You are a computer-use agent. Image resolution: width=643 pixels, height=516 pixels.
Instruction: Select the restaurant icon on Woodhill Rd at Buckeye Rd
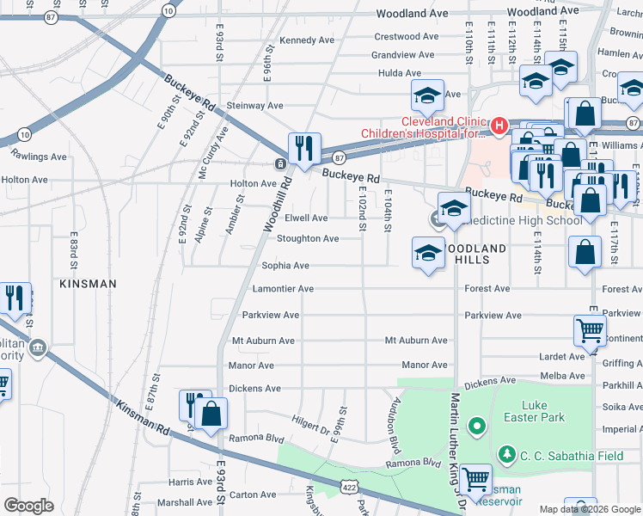point(303,149)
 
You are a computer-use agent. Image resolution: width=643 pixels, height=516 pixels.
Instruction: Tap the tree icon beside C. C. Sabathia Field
point(507,452)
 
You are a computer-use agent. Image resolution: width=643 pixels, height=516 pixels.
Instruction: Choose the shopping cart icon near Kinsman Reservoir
point(475,478)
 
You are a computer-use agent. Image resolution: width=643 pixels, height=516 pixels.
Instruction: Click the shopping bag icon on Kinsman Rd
point(211,414)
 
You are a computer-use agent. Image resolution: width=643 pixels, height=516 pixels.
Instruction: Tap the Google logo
point(28,506)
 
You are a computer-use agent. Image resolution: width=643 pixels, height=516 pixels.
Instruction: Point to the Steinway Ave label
point(254,106)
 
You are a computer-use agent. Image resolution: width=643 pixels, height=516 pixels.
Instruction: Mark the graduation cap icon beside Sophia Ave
point(427,254)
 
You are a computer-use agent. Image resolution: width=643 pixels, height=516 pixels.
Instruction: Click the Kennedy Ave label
point(307,40)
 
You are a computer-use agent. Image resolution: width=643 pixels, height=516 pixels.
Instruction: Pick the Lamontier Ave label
point(283,289)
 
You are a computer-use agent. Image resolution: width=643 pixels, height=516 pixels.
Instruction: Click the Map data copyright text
point(590,508)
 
